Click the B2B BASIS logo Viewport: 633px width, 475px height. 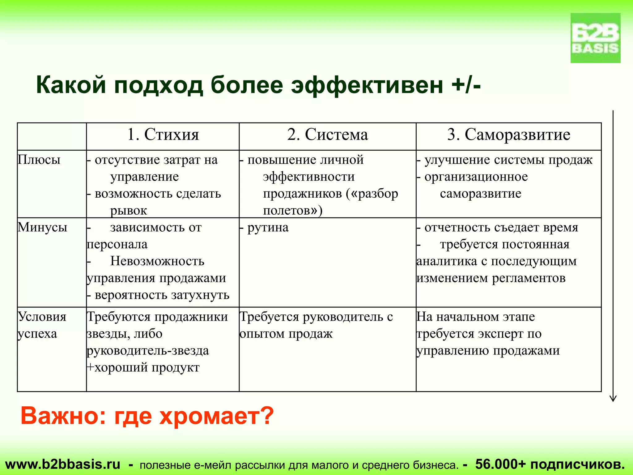pyautogui.click(x=595, y=38)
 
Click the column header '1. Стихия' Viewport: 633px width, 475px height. pyautogui.click(x=163, y=135)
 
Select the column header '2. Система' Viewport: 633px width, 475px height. pyautogui.click(x=328, y=135)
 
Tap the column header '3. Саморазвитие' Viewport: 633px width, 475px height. pyautogui.click(x=509, y=135)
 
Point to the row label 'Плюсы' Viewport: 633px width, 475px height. pyautogui.click(x=39, y=160)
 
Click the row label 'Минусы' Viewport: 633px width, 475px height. pyautogui.click(x=42, y=228)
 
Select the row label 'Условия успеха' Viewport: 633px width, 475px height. pyautogui.click(x=42, y=325)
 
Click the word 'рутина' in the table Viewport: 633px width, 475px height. pyautogui.click(x=268, y=228)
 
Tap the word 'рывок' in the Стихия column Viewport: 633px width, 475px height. pyautogui.click(x=129, y=211)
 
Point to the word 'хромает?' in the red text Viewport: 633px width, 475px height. pyautogui.click(x=216, y=416)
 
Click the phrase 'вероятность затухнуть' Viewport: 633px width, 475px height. pyautogui.click(x=162, y=295)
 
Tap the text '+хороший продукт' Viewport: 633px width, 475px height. pyautogui.click(x=143, y=368)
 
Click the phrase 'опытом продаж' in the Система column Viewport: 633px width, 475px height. pyautogui.click(x=286, y=334)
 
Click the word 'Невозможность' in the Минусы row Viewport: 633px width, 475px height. pyautogui.click(x=157, y=261)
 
